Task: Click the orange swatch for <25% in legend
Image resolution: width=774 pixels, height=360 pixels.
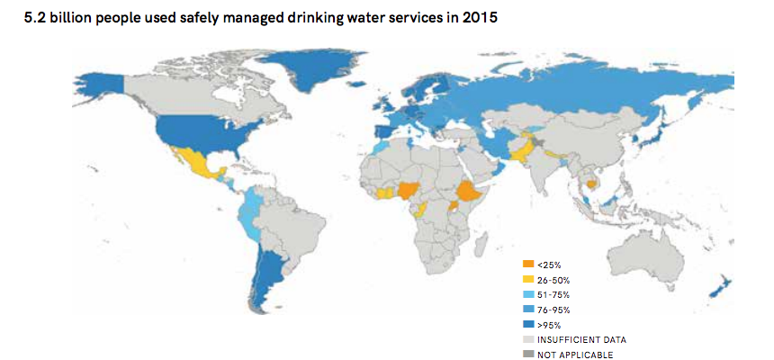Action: point(528,264)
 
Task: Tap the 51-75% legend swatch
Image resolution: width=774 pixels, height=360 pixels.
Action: point(528,294)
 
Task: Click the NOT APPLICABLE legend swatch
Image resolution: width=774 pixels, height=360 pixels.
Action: point(528,355)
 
